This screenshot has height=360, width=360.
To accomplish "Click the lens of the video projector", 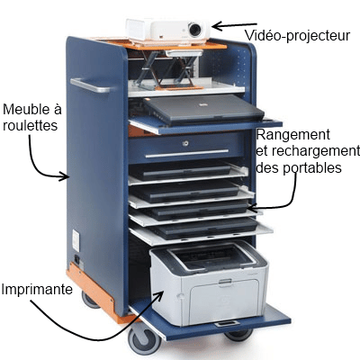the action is coord(195,30).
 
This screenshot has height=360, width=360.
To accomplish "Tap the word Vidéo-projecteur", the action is coord(297,36).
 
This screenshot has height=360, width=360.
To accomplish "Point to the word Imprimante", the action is coord(37,290).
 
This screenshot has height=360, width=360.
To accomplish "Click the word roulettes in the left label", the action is coord(30,125).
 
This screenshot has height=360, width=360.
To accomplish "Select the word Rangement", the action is coord(293,135).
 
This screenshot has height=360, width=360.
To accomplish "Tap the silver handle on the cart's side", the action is coord(90,85).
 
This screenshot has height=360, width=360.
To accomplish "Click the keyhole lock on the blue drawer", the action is coord(186,143).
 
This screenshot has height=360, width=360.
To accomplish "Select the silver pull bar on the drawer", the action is coord(187,153).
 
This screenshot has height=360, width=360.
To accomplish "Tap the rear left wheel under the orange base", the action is coord(90,300).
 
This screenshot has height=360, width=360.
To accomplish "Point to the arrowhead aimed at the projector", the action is coord(219,26).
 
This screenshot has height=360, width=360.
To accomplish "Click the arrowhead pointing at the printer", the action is coord(158,296).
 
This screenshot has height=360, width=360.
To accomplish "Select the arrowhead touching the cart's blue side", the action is coord(64,176).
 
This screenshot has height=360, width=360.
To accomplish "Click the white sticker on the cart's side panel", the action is coord(76,240).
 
